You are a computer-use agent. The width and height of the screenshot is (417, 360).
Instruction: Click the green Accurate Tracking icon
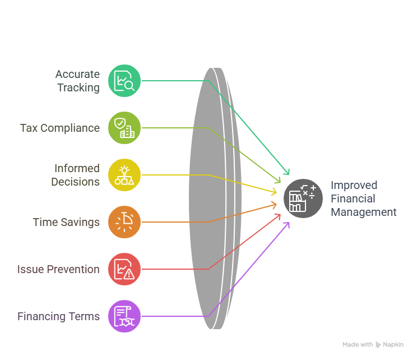[124, 81]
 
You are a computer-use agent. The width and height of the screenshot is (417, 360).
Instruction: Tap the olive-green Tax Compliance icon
[124, 128]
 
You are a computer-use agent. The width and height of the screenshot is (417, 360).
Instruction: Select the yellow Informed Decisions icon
[124, 175]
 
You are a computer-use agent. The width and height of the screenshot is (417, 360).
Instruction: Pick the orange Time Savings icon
[124, 222]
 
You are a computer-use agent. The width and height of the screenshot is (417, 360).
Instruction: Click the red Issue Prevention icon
[124, 269]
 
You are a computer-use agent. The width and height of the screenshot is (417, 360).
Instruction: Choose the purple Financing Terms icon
[124, 316]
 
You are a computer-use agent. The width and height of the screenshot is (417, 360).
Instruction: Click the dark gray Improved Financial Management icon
[303, 199]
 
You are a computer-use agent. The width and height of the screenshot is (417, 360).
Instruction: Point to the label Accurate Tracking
[77, 81]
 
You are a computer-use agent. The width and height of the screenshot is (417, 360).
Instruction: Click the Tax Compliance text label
[60, 128]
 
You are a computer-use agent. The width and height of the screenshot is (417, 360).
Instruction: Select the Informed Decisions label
[76, 175]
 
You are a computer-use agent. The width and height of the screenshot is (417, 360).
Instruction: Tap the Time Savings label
[66, 222]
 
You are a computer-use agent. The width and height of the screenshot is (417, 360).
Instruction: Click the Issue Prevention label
[58, 269]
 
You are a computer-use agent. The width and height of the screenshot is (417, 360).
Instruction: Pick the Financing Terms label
[58, 316]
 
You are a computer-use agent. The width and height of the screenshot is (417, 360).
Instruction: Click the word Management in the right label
[363, 212]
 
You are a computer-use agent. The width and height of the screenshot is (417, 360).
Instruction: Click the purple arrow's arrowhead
[288, 224]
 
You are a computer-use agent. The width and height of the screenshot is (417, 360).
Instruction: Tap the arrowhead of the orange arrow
[275, 204]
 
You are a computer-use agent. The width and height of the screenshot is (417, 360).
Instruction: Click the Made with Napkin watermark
[373, 344]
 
